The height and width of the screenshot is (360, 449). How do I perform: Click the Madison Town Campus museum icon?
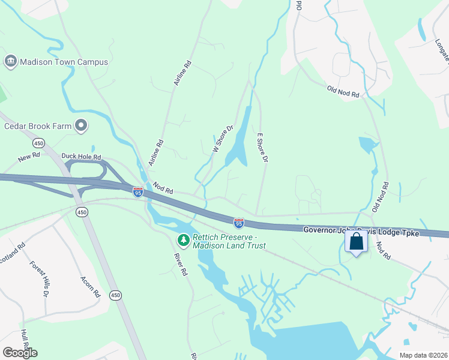10,62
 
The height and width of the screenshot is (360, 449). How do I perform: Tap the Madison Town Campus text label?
64,62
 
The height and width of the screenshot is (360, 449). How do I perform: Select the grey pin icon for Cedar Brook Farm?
81,126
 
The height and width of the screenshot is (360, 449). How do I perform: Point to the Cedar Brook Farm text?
38,126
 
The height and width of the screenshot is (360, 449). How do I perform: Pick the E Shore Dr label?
262,148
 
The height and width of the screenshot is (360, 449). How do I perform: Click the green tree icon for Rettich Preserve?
183,241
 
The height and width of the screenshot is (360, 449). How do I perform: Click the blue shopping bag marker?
357,242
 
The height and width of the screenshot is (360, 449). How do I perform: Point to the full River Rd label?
180,264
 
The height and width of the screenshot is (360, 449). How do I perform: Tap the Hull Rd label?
25,340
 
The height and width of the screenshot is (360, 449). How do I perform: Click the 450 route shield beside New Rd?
38,143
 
